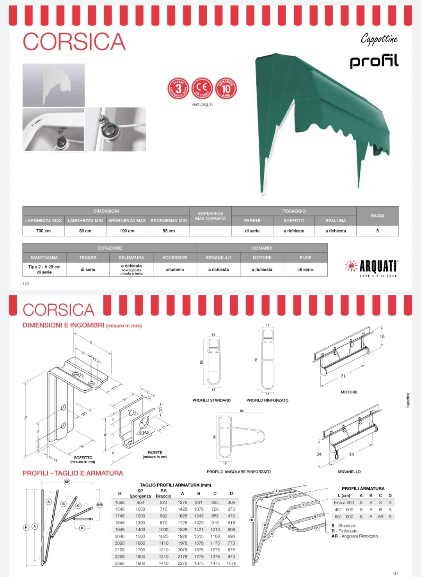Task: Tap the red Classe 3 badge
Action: pos(178,88)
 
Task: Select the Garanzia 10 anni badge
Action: pos(226,88)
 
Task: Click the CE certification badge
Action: pos(202,88)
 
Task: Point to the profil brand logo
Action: pos(374,61)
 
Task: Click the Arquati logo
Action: pos(371,267)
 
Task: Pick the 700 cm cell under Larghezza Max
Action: pos(43,231)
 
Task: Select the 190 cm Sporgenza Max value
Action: pos(127,231)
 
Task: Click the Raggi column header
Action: pos(377,216)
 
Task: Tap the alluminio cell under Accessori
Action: pos(175,270)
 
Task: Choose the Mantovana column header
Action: pos(44,258)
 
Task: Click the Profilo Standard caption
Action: pos(211,400)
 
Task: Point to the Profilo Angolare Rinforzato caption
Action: pos(239,472)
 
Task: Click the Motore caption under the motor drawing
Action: pos(349,392)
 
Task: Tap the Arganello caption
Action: pos(349,472)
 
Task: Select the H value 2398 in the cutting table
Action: pos(120,563)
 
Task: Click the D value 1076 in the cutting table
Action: pos(231,563)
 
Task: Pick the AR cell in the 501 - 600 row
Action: pos(380,516)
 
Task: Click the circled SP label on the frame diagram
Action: pos(67,482)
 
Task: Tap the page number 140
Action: pos(26,284)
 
